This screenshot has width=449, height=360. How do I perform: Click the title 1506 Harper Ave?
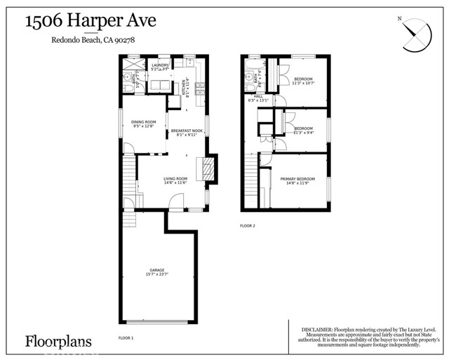coord(91,21)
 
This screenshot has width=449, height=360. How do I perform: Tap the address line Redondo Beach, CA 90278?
coord(93,40)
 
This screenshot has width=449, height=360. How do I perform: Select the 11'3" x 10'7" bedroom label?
coord(304,81)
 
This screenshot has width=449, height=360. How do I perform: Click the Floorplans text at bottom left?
coord(60,342)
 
